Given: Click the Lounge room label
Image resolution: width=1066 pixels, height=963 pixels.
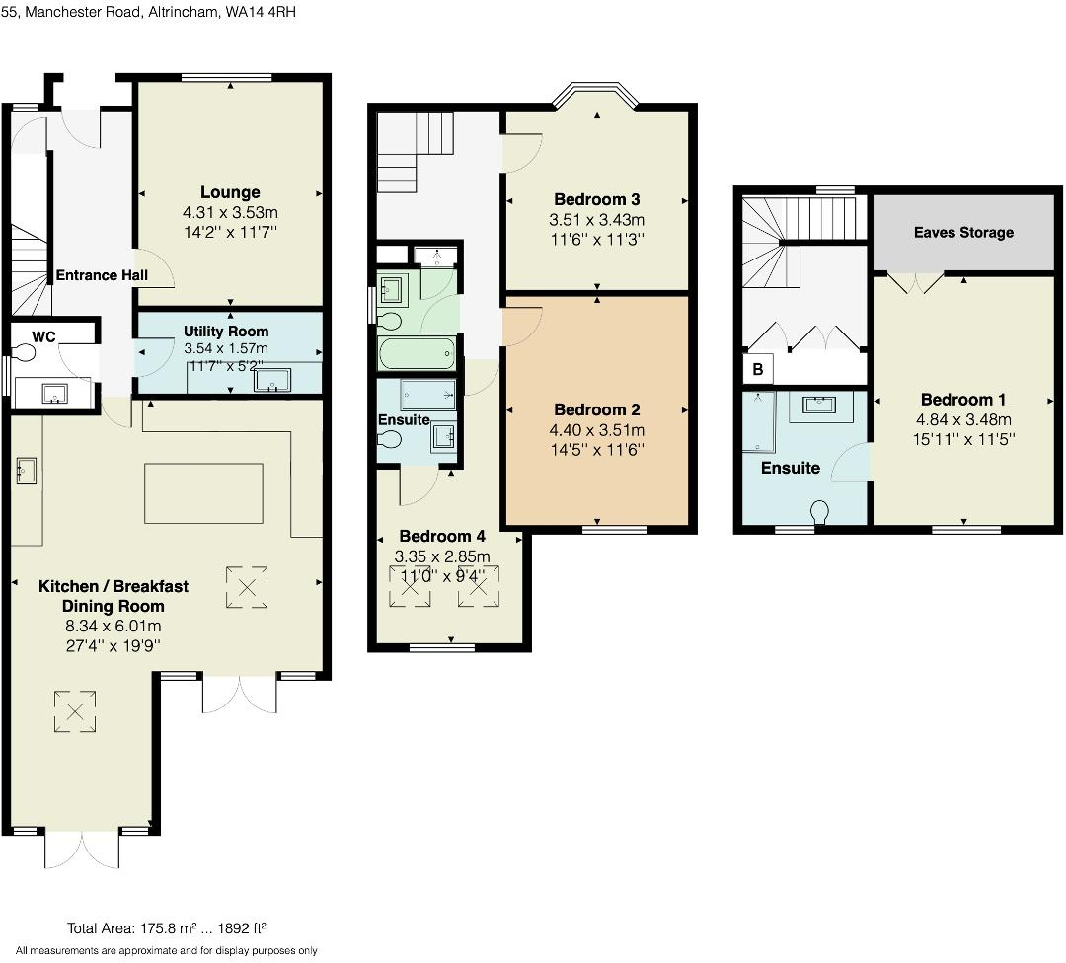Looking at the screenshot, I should (x=230, y=192).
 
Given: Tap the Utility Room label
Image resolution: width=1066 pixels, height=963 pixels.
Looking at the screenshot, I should (x=226, y=331).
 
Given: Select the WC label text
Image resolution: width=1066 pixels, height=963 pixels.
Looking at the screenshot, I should (x=43, y=336).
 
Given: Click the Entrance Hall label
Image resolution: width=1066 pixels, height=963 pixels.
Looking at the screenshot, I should (x=102, y=275).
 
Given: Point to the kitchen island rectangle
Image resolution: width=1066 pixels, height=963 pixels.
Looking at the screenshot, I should (x=204, y=493).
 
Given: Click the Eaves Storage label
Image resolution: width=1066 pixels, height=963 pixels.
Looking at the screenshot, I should (x=962, y=233).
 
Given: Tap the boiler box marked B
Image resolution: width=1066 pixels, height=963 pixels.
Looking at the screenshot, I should (x=758, y=370).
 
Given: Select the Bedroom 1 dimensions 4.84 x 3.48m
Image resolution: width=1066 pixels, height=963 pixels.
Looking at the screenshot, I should (x=962, y=419).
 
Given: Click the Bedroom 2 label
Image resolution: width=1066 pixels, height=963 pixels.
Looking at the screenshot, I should (x=597, y=409).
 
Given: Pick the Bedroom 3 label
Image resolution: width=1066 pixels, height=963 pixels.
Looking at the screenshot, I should (x=597, y=199).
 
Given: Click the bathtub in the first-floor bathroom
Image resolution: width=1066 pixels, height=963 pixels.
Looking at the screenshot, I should (x=417, y=351).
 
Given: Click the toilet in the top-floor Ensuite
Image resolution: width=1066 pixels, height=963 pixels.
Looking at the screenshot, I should (x=819, y=513).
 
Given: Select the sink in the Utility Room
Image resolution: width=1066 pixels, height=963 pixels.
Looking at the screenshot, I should (x=268, y=380).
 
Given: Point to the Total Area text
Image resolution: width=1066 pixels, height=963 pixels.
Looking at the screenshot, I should (x=167, y=928).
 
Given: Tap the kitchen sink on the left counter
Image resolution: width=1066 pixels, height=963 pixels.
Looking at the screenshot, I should (x=26, y=472).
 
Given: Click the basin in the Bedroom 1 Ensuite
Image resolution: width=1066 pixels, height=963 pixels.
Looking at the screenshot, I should (x=816, y=406).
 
